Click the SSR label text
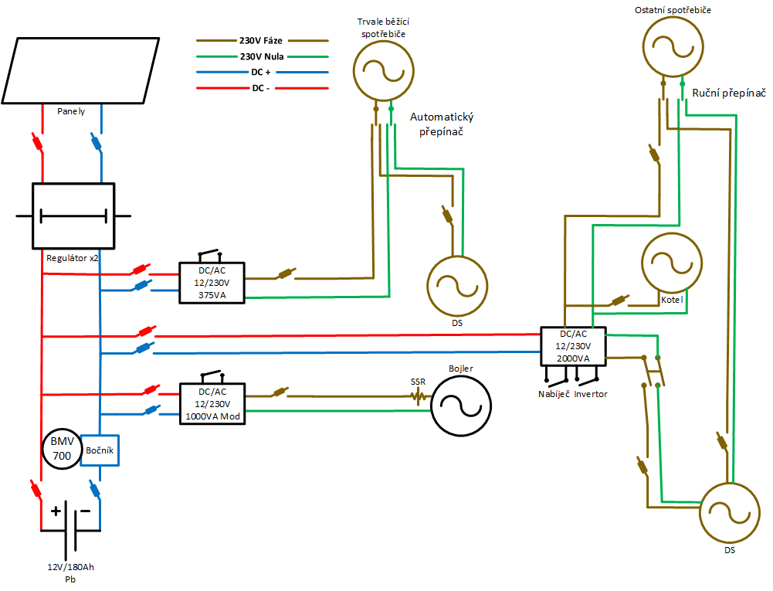pyautogui.click(x=418, y=382)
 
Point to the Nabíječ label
pyautogui.click(x=554, y=394)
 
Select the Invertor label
pyautogui.click(x=591, y=394)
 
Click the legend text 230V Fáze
pyautogui.click(x=261, y=40)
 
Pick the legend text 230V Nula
pyautogui.click(x=262, y=56)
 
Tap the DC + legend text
pyautogui.click(x=261, y=72)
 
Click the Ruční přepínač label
pyautogui.click(x=729, y=93)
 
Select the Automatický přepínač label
pyautogui.click(x=442, y=124)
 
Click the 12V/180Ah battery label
pyautogui.click(x=70, y=567)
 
